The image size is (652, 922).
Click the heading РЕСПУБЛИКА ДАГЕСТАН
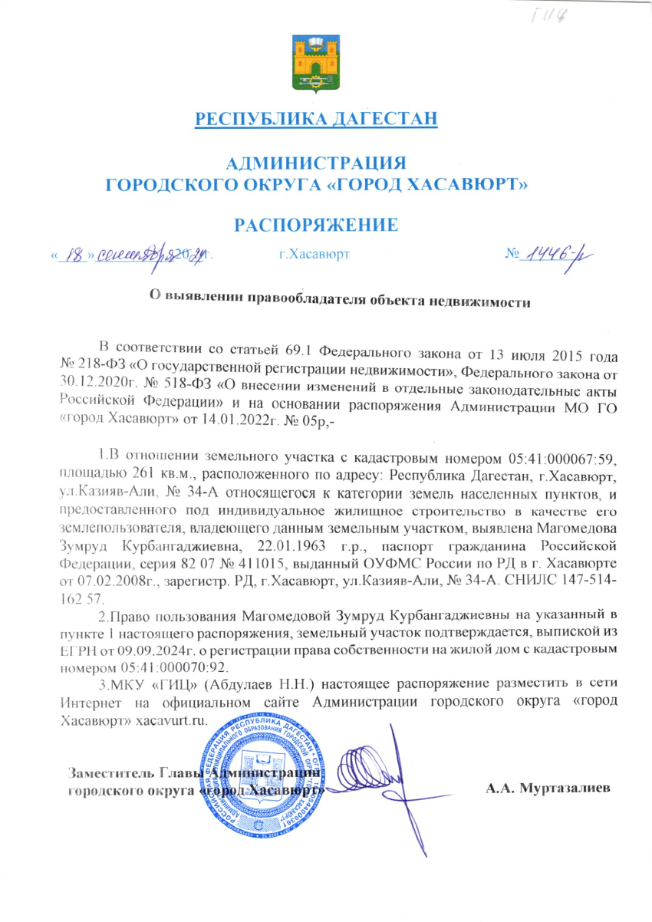[317, 119]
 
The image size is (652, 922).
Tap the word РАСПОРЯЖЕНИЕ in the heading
[317, 224]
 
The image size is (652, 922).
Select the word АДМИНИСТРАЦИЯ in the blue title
[317, 163]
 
